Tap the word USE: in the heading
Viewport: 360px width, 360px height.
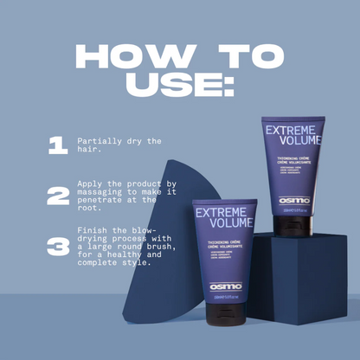click(179, 87)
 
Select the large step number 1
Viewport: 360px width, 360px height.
click(57, 145)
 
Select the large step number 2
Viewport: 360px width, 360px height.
click(58, 196)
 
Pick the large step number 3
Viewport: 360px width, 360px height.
click(58, 247)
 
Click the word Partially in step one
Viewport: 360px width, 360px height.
click(97, 139)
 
